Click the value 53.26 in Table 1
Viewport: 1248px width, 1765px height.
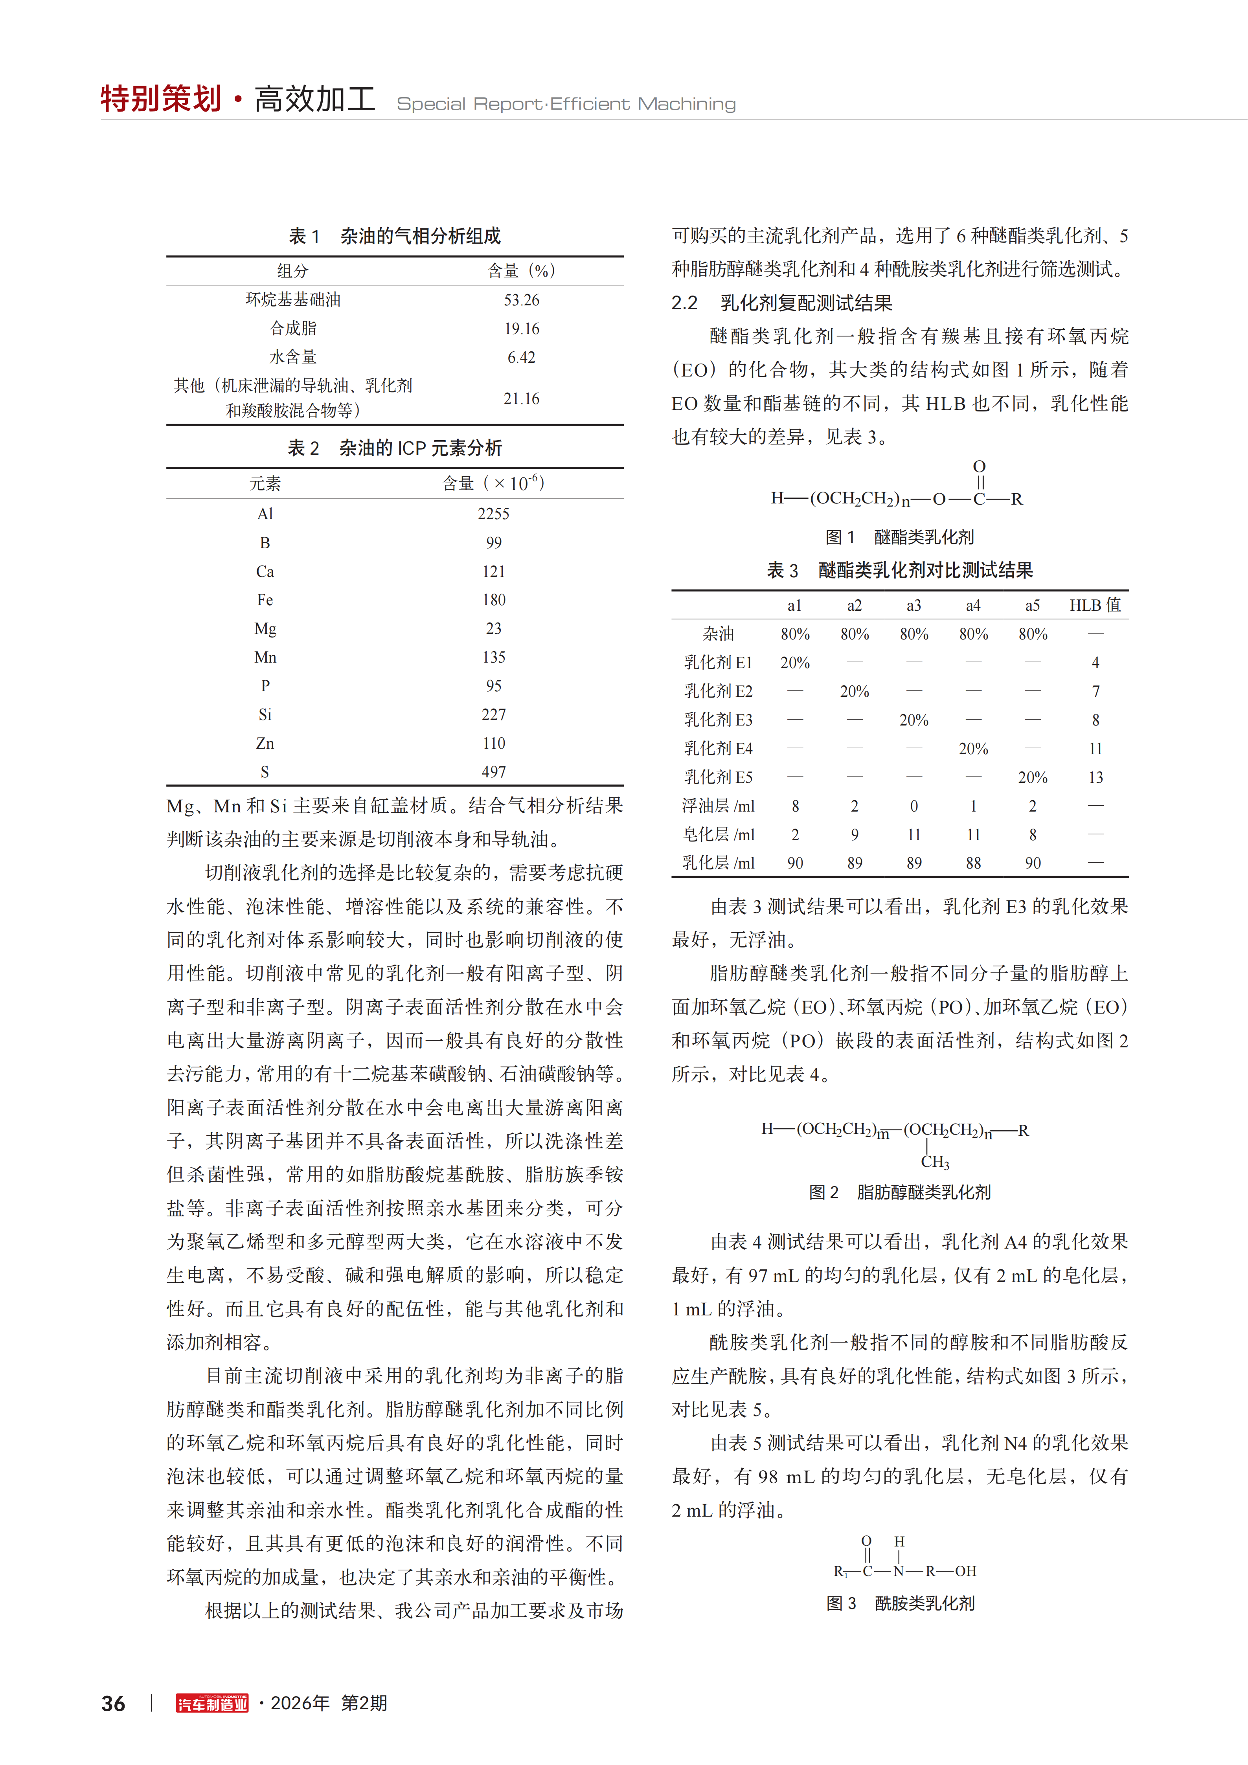[x=521, y=300]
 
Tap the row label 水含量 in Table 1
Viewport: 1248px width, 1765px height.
[x=293, y=357]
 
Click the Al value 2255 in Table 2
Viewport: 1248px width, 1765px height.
[x=494, y=514]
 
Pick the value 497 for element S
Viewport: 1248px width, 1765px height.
[x=494, y=772]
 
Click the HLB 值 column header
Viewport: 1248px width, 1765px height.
[x=1095, y=605]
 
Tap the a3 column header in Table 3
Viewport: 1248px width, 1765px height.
[x=913, y=605]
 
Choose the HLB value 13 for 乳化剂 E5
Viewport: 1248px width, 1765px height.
[x=1095, y=777]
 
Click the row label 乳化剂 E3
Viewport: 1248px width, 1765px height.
[x=718, y=720]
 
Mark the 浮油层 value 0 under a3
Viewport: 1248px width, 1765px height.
[x=913, y=806]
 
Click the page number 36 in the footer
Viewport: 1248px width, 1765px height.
[x=114, y=1704]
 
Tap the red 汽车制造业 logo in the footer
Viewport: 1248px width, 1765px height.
[x=212, y=1704]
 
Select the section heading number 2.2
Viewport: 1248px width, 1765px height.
[x=684, y=303]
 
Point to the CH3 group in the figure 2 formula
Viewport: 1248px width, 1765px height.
[x=935, y=1162]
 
